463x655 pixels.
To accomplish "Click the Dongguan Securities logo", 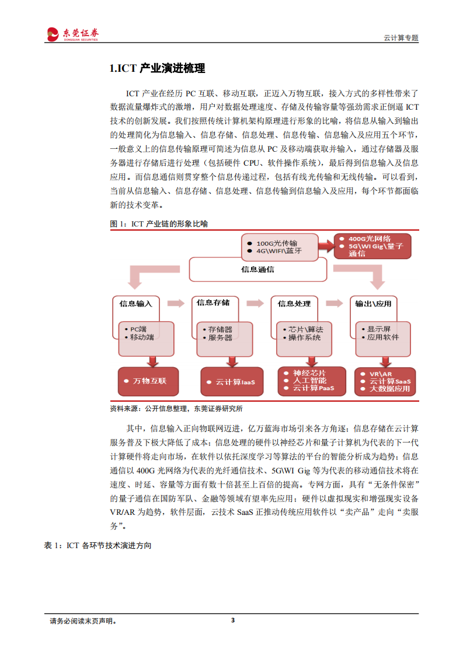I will (72, 34).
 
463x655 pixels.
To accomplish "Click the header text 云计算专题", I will (401, 37).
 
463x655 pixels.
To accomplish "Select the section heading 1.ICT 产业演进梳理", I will (158, 69).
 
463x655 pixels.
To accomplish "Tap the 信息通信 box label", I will (257, 269).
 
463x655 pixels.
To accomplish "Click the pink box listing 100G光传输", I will (281, 246).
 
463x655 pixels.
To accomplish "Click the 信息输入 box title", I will (135, 304).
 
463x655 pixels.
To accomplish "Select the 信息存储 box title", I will (213, 302).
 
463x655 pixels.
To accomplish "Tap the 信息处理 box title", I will (294, 304).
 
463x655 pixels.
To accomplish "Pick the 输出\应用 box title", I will (374, 304).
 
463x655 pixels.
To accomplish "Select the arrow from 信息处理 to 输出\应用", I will (334, 303).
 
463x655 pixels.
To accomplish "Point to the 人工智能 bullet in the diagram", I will (309, 380).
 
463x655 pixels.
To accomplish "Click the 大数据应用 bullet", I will (389, 389).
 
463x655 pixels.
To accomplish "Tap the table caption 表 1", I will (98, 545).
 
